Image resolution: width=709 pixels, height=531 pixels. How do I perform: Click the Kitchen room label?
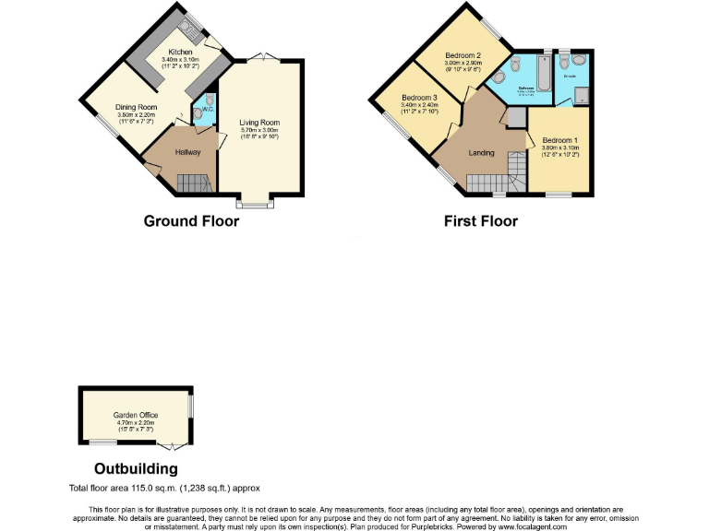pos(180,52)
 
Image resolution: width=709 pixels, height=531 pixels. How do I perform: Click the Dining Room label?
pos(136,108)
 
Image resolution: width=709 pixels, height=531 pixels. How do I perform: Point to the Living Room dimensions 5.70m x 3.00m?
pos(258,130)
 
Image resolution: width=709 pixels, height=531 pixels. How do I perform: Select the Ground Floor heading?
pos(191,221)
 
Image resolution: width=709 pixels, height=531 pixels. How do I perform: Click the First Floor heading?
pos(480,221)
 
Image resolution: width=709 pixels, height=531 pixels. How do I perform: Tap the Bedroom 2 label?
pos(463,55)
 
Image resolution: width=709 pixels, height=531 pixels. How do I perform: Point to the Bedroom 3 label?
pos(419,98)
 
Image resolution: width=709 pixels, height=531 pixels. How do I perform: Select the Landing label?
pos(481,153)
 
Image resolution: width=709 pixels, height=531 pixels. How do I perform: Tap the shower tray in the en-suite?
pos(582,93)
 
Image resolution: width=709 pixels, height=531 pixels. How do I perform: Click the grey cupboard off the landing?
pos(515,116)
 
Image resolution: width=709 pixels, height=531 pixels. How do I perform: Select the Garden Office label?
pos(136,415)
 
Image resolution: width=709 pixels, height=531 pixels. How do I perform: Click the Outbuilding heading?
pos(136,469)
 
